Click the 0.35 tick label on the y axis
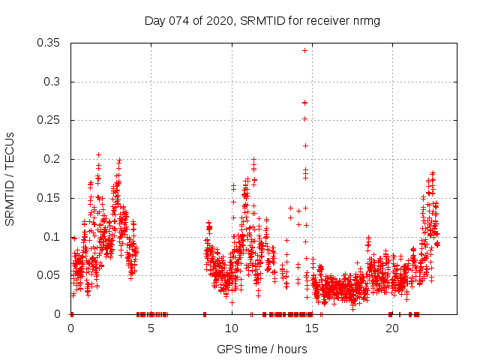(49, 43)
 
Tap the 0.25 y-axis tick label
(49, 120)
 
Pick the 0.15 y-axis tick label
(49, 198)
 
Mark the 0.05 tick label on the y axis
(49, 275)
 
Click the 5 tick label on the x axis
(151, 328)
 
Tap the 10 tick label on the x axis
(231, 328)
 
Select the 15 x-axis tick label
(311, 328)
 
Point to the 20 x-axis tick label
(391, 328)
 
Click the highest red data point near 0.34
(304, 50)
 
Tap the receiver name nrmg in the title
(367, 20)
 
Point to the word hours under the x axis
(290, 349)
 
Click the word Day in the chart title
(154, 20)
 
